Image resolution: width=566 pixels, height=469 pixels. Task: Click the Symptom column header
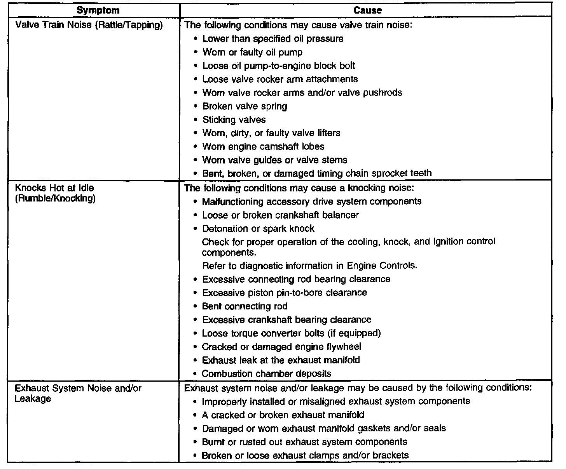point(98,10)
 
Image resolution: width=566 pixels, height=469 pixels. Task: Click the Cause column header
point(367,10)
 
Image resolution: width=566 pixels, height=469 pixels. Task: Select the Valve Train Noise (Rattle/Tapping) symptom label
point(89,25)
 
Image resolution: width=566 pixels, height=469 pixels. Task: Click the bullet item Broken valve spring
point(245,106)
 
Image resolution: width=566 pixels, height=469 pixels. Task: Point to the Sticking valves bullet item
point(234,120)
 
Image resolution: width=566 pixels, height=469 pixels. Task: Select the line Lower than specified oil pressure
point(273,39)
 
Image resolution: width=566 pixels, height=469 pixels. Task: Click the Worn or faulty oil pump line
point(252,52)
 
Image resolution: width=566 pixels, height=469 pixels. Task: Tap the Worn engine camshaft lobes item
point(263,146)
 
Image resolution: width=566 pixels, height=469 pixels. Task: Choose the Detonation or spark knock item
point(258,228)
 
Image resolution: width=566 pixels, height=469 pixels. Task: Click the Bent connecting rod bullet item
point(245,306)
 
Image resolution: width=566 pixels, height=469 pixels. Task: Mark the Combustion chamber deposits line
point(266,373)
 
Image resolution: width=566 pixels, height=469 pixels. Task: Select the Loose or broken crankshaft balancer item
point(280,215)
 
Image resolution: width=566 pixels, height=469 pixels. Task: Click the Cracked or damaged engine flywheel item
point(281,347)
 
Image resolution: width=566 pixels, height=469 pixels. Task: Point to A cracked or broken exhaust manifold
point(283,415)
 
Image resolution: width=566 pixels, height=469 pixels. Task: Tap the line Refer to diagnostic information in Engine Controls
point(309,266)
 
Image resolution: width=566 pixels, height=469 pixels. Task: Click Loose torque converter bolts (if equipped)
point(291,333)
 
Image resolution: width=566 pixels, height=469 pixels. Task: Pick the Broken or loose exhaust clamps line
point(305,455)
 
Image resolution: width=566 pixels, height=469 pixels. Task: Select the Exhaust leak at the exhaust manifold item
point(281,360)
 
